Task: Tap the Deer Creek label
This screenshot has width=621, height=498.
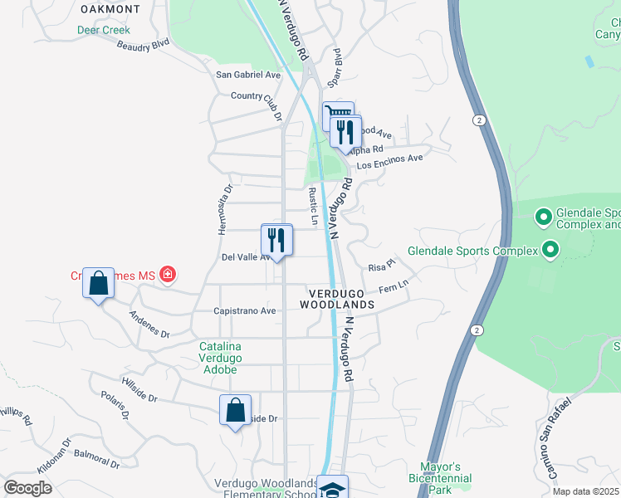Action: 104,30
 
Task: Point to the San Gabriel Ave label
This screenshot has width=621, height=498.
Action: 248,75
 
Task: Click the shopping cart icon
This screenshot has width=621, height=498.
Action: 337,115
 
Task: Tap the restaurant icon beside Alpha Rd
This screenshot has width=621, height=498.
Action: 345,132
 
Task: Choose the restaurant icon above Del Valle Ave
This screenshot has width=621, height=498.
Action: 276,240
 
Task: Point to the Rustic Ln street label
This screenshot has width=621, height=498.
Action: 313,205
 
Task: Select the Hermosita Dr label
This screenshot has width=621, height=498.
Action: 223,209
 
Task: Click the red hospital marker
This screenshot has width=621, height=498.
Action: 168,273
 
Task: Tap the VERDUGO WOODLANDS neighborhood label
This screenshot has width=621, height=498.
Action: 341,299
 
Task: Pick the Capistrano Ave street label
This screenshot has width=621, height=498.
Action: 245,311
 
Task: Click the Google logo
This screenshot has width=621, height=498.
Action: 28,488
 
